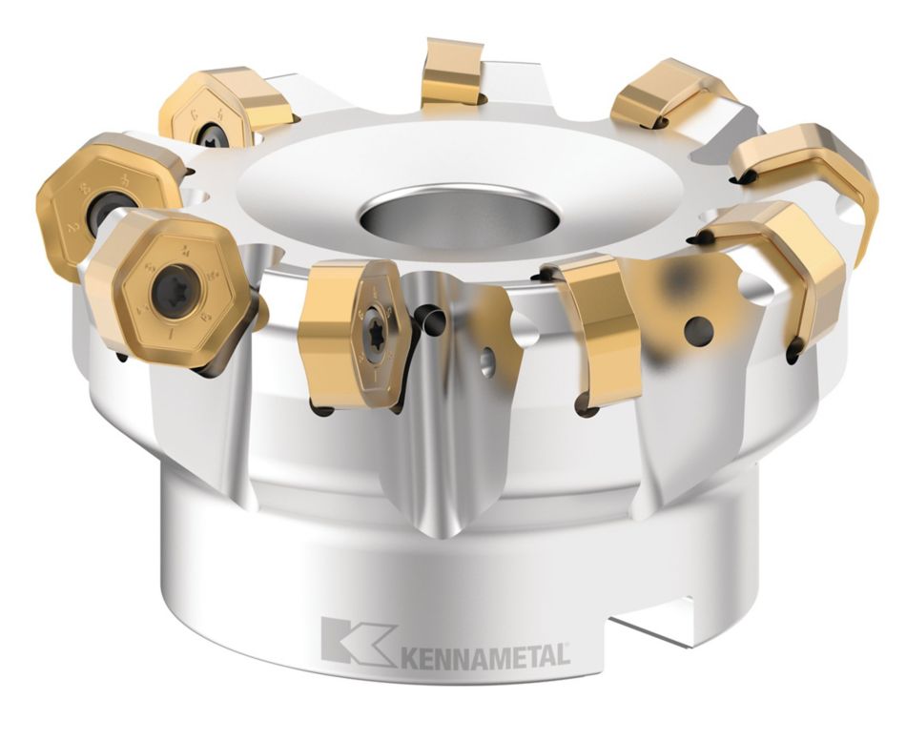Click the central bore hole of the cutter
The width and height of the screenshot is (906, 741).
click(459, 217)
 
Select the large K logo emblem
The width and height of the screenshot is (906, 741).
click(357, 640)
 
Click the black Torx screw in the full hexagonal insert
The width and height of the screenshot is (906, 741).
click(175, 294)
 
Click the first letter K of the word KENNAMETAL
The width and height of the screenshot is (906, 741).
click(408, 656)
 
